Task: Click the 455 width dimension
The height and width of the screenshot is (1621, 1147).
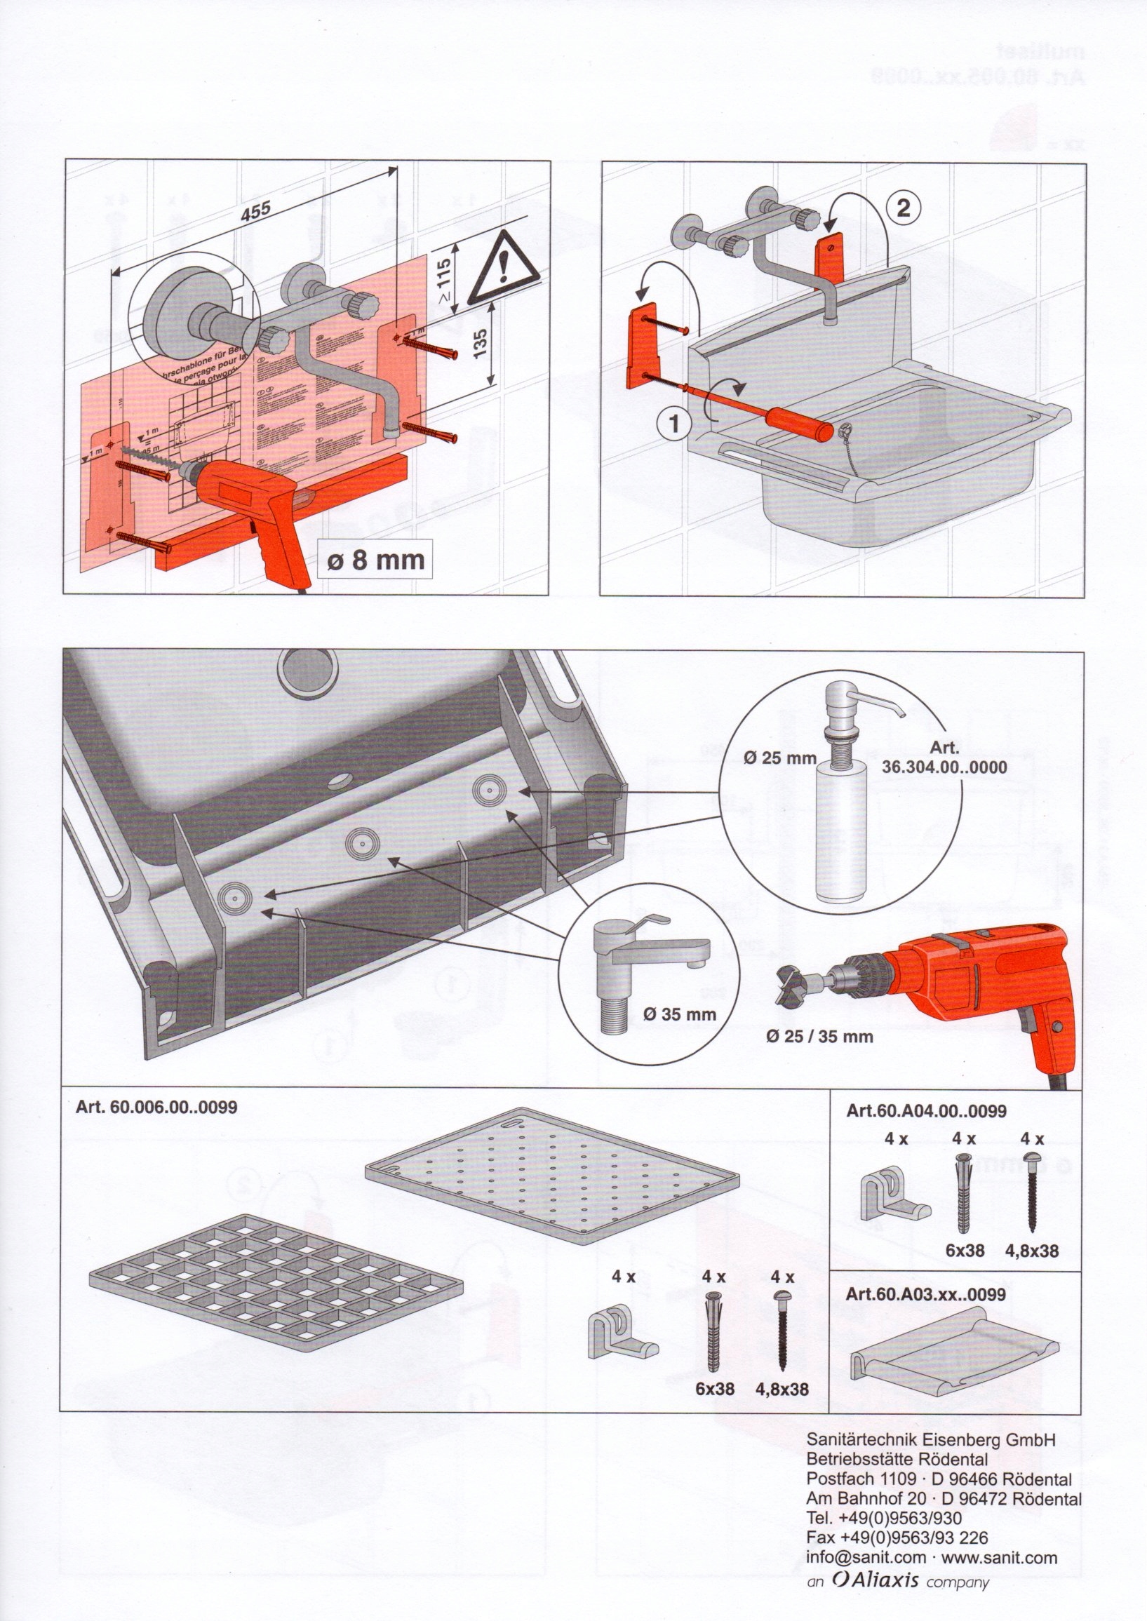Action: click(255, 209)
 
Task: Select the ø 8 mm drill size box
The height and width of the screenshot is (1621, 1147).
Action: click(375, 560)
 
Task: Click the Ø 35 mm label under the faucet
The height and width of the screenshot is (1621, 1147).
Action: click(679, 1014)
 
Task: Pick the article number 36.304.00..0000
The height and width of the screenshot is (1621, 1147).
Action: click(945, 767)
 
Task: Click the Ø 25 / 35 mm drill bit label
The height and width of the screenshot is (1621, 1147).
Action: click(819, 1037)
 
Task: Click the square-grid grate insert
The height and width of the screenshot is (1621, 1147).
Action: click(276, 1270)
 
